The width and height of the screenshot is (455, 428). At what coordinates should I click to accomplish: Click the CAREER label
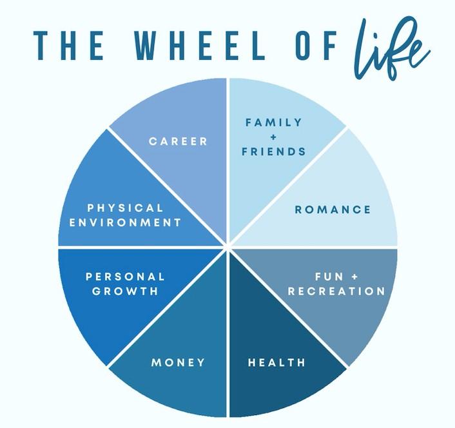point(179,141)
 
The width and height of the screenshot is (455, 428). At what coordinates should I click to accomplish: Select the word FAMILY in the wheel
point(273,122)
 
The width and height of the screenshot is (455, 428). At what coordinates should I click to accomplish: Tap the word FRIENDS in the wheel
point(273,152)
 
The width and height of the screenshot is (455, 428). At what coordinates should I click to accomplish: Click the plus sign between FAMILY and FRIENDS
point(273,137)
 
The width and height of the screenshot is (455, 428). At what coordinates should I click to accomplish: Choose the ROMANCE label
point(333,209)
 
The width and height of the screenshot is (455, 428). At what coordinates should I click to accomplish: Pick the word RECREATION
point(336,291)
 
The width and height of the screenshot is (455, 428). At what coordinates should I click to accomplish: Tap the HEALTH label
point(276,362)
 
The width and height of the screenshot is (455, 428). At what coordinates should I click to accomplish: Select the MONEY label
point(179,362)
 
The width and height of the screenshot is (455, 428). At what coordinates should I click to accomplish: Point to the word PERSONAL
point(125,277)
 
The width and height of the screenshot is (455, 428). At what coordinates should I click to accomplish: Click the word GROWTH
point(125,291)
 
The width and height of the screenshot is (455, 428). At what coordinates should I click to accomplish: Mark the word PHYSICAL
point(125,208)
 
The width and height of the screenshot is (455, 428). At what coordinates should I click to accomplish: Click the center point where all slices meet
point(227,246)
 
